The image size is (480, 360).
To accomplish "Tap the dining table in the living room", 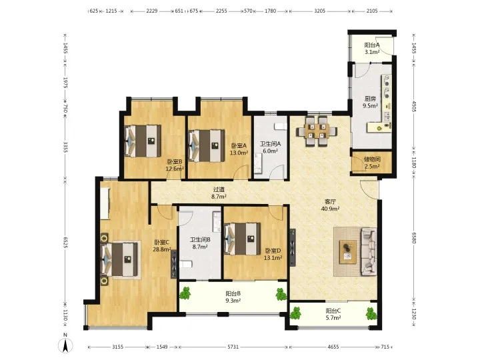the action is (x=317, y=131).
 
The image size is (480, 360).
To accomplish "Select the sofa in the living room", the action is (x=368, y=251).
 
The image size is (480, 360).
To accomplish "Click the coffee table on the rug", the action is (x=348, y=251).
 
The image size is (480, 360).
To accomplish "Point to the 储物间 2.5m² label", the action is (x=372, y=163).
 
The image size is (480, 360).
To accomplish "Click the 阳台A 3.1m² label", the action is (x=372, y=49).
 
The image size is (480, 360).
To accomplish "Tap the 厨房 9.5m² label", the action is (x=370, y=102).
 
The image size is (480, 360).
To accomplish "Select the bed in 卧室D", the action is (x=243, y=239).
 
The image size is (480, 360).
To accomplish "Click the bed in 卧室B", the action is (x=143, y=141).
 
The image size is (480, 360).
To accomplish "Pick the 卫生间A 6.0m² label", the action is (x=270, y=147).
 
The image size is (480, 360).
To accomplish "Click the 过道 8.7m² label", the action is (x=219, y=193).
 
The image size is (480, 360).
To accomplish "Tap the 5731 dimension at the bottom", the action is (x=233, y=347).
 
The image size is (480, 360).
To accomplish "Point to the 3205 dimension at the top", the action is (x=319, y=11).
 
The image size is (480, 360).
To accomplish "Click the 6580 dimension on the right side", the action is (x=414, y=237).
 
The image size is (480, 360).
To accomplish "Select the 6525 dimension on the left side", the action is (x=65, y=243).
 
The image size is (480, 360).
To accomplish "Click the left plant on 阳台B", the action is (x=185, y=293).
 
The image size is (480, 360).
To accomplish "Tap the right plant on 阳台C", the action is (x=371, y=314).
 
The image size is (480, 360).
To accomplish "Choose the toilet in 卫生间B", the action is (x=186, y=263).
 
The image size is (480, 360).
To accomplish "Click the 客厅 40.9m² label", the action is (x=330, y=205).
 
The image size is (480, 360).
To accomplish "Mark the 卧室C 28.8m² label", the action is (x=161, y=245).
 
